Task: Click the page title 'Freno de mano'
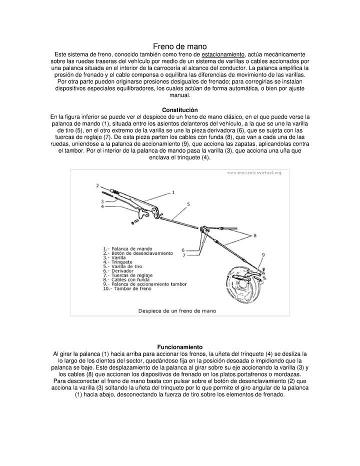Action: pyautogui.click(x=179, y=46)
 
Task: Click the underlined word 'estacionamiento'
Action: pyautogui.click(x=223, y=54)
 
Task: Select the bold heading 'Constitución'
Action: pyautogui.click(x=180, y=110)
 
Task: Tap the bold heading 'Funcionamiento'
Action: pyautogui.click(x=180, y=346)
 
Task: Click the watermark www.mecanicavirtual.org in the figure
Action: pyautogui.click(x=254, y=173)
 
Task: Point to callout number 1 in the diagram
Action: pyautogui.click(x=173, y=192)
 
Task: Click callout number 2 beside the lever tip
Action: pyautogui.click(x=98, y=185)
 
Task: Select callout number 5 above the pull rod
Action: pyautogui.click(x=188, y=204)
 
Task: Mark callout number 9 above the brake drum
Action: pyautogui.click(x=263, y=255)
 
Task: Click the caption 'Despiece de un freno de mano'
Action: pyautogui.click(x=177, y=310)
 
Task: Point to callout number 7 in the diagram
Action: pyautogui.click(x=183, y=255)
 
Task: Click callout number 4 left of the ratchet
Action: pyautogui.click(x=102, y=206)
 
